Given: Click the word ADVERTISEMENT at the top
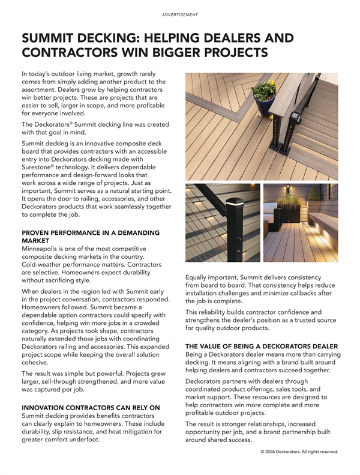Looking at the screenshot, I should pyautogui.click(x=180, y=14).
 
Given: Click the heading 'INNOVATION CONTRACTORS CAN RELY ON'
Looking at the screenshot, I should pyautogui.click(x=82, y=408).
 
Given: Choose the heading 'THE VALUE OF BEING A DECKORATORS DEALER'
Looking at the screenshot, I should pyautogui.click(x=262, y=346).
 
